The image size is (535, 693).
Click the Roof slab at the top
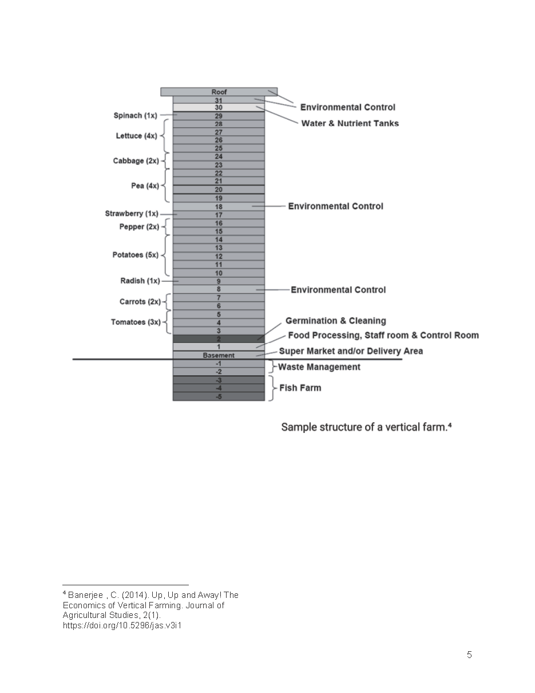coord(219,92)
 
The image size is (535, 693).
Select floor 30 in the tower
coord(219,108)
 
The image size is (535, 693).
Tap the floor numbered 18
coord(219,207)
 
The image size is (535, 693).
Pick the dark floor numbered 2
coord(219,339)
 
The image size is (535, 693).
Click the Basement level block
coord(219,356)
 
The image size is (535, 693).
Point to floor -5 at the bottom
coord(219,396)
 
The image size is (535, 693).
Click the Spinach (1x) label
coord(135,116)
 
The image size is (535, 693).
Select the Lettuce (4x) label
coord(136,136)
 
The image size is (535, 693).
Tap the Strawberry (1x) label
coord(131,214)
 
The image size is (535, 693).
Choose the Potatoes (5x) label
coord(135,255)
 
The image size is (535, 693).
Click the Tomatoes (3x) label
coord(136,322)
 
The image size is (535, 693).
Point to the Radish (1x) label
coord(140,281)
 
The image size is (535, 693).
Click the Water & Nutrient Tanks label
coord(350,123)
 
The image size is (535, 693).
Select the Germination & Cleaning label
coord(335,321)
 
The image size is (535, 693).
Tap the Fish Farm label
coord(300,388)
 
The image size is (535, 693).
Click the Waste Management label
coord(319,367)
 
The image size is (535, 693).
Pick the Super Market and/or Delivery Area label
coord(350,351)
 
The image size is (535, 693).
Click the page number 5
coord(469,655)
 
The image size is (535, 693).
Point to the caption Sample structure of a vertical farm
coord(366,427)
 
